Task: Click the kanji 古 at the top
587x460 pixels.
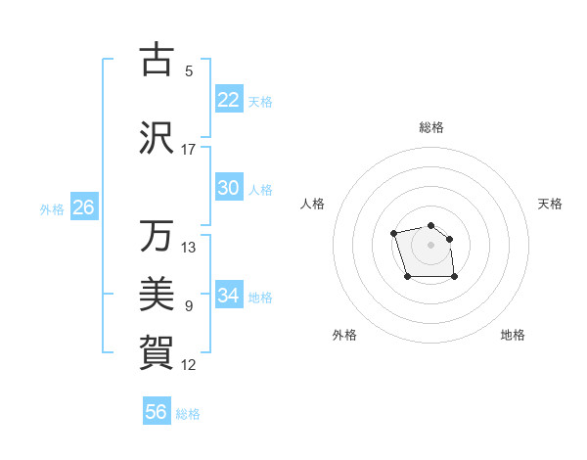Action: [x=156, y=60]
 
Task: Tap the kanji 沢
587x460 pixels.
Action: [x=156, y=138]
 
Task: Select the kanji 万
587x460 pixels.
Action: [x=156, y=236]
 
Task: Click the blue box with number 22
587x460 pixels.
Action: [x=229, y=100]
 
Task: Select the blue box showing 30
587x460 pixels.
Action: [x=229, y=188]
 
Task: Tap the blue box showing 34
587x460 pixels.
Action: [x=229, y=296]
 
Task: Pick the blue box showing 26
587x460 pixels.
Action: [x=83, y=207]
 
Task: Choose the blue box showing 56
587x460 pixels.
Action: [x=157, y=412]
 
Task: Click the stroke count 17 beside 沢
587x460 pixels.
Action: [x=189, y=150]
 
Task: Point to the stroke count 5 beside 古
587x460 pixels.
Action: [x=189, y=71]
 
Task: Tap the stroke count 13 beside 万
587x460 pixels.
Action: [x=189, y=248]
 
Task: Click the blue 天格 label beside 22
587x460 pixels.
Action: [x=260, y=102]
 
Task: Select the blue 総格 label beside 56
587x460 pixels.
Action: [x=188, y=414]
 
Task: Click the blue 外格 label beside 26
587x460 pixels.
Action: [x=52, y=209]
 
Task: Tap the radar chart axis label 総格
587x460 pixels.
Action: [x=430, y=127]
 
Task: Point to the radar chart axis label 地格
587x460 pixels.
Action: [x=513, y=335]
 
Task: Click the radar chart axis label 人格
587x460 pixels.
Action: [x=313, y=204]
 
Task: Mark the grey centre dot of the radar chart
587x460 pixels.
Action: [x=430, y=244]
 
